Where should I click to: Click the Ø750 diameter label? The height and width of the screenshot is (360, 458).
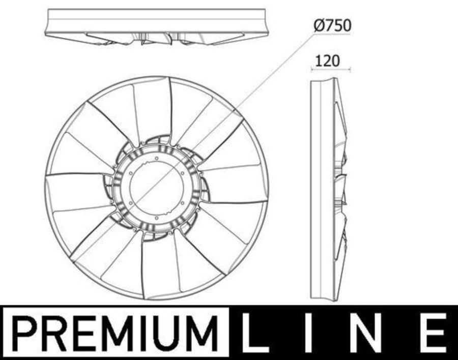click(x=332, y=26)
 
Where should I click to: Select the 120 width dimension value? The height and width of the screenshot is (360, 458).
click(x=328, y=61)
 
